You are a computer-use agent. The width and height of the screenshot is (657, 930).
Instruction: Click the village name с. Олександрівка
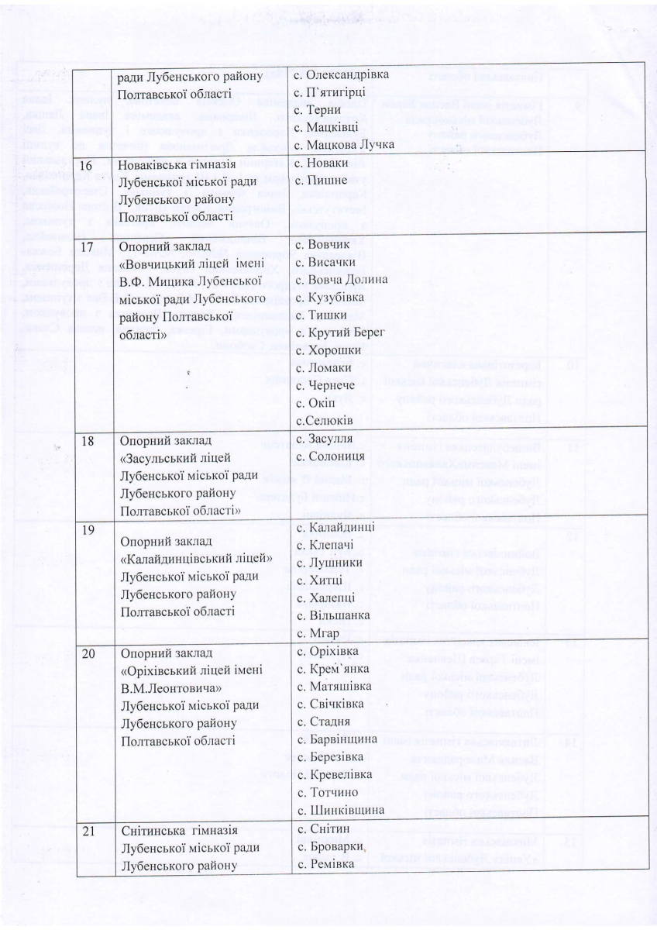(335, 75)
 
